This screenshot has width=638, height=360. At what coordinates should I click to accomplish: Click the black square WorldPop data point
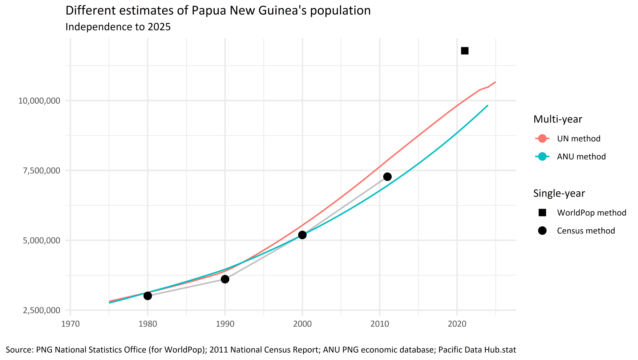[465, 51]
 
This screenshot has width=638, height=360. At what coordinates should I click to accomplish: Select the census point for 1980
[148, 296]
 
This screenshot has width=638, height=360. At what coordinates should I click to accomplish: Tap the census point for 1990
[225, 279]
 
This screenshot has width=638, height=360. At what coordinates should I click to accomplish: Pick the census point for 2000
[302, 235]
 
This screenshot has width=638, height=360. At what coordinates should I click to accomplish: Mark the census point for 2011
[387, 177]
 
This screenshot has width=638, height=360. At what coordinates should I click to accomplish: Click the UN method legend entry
[578, 139]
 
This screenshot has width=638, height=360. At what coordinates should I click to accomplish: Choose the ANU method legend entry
[581, 157]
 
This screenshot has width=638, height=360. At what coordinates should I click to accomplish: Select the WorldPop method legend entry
[591, 213]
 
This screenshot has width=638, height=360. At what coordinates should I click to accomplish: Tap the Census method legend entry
[586, 231]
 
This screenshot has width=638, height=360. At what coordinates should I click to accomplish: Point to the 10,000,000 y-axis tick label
[39, 101]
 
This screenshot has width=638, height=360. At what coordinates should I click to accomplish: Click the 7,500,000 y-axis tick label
[41, 171]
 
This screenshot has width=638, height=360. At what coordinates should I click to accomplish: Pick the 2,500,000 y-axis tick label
[41, 310]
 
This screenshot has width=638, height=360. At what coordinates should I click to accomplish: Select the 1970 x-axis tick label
[70, 324]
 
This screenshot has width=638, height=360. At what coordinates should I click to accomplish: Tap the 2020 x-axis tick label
[457, 324]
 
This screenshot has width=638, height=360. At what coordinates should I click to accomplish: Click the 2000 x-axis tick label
[302, 324]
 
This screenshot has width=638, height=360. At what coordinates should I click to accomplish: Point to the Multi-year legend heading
[558, 119]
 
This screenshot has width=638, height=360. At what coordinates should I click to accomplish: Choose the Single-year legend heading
[559, 193]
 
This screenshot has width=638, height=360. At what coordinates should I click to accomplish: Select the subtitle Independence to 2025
[118, 27]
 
